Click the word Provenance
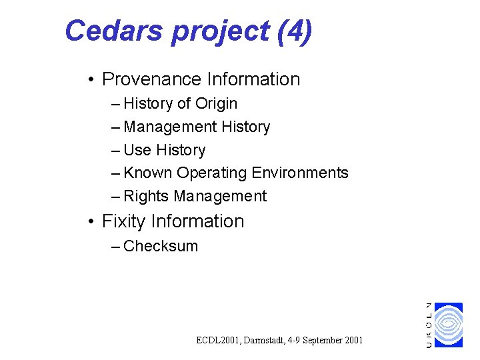(x=151, y=79)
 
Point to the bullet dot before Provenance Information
(x=90, y=80)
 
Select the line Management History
(x=197, y=127)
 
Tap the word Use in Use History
(x=137, y=150)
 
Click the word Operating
(x=211, y=173)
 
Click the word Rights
(x=146, y=196)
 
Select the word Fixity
(x=124, y=221)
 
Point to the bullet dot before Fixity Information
(x=90, y=222)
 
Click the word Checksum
(x=161, y=246)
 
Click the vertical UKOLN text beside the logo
(x=429, y=325)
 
